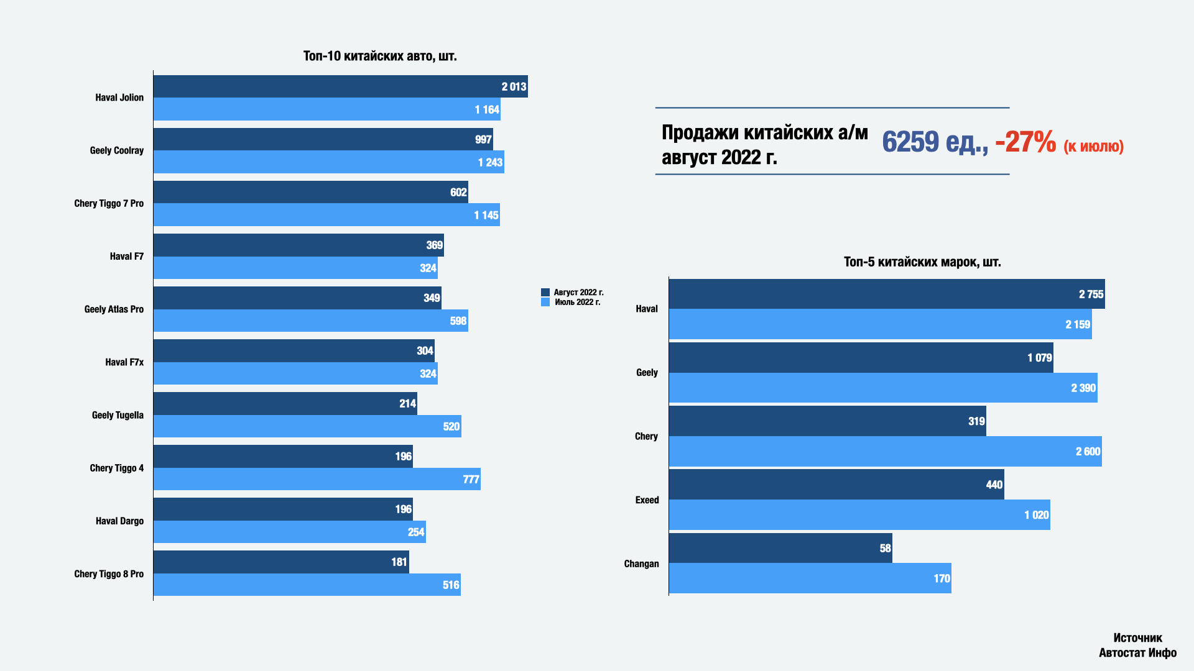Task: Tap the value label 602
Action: pos(458,193)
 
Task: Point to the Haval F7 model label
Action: pos(126,257)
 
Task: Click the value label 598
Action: pos(458,321)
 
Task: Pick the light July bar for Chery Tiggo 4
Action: pos(317,479)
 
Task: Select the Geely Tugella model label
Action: pos(118,415)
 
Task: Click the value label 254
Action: pos(416,532)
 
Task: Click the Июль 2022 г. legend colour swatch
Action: pos(545,303)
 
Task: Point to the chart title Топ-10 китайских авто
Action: pos(380,56)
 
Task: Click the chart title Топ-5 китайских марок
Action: pos(922,262)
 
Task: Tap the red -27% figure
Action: pos(1025,142)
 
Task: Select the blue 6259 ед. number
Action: pos(935,142)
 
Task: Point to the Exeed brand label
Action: pos(647,500)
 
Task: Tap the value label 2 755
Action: pos(1091,294)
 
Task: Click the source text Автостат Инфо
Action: pos(1137,653)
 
